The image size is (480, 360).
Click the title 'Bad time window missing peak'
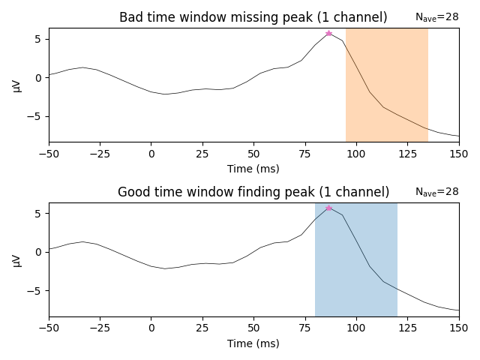tap(253, 18)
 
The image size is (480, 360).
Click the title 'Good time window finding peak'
tap(253, 192)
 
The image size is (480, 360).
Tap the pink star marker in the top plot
tap(328, 33)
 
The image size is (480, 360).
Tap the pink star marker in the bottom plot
tap(328, 207)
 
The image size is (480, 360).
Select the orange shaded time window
tap(386, 84)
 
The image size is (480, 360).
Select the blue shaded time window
tap(355, 259)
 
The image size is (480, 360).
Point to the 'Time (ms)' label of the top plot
tap(253, 169)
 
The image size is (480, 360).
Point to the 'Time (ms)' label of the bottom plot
tap(253, 343)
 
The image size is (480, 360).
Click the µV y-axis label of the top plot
tap(17, 84)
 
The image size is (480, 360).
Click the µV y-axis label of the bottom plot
tap(17, 259)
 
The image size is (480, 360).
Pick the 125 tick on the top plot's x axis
tap(407, 154)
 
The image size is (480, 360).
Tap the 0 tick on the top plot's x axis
tap(151, 154)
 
